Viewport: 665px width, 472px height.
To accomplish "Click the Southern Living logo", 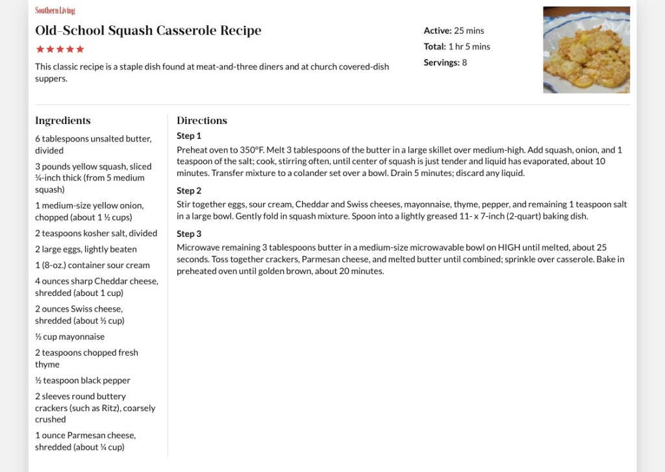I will pyautogui.click(x=55, y=10).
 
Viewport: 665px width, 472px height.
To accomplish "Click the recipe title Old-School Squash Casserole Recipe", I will pyautogui.click(x=148, y=31).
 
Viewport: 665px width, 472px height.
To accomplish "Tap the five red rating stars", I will pyautogui.click(x=60, y=49).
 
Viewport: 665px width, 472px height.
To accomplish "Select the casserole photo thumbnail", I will pyautogui.click(x=586, y=50).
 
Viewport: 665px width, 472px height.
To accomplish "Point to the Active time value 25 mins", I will pyautogui.click(x=469, y=31).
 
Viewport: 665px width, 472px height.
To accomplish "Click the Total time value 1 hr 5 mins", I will pyautogui.click(x=469, y=47).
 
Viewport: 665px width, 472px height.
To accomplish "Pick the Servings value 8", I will pyautogui.click(x=464, y=62).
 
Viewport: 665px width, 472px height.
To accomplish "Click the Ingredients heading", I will pyautogui.click(x=63, y=120).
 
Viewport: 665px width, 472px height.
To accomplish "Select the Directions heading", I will pyautogui.click(x=202, y=120).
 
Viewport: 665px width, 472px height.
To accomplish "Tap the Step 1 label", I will pyautogui.click(x=189, y=136).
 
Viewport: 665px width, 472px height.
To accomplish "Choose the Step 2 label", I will pyautogui.click(x=189, y=191).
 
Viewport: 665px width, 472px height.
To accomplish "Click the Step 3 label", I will pyautogui.click(x=189, y=234).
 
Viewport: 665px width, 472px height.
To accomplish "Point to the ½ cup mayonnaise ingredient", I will pyautogui.click(x=69, y=336).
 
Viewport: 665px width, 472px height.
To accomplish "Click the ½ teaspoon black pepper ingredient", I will pyautogui.click(x=82, y=380).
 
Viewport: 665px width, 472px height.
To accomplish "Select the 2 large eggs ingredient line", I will pyautogui.click(x=86, y=249).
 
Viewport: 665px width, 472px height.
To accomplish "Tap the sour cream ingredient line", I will pyautogui.click(x=92, y=265).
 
